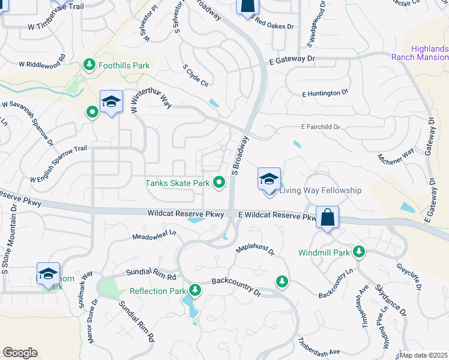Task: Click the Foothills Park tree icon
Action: [x=90, y=64]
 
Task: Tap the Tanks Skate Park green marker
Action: [x=220, y=182]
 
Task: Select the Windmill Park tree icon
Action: [x=359, y=252]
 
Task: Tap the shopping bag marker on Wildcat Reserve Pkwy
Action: [x=328, y=218]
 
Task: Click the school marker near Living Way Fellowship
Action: [x=269, y=179]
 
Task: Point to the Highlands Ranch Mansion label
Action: [x=420, y=53]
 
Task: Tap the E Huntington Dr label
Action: [x=325, y=93]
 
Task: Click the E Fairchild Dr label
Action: [x=321, y=127]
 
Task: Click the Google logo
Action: [x=20, y=353]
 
